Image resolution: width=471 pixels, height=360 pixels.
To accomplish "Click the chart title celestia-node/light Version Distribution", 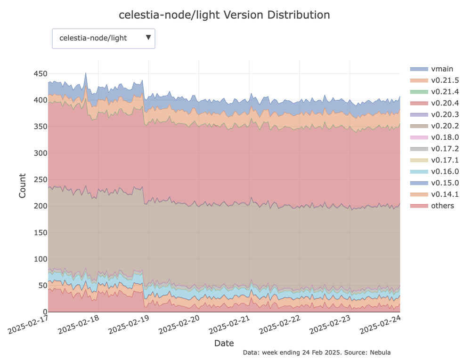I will [224, 15].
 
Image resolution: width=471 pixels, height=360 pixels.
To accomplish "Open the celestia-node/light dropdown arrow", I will [148, 38].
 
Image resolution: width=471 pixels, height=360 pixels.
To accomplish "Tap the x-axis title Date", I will [224, 343].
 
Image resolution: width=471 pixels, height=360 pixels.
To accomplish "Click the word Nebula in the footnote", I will [380, 352].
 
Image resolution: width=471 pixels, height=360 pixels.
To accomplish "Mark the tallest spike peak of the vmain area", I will [85, 73].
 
